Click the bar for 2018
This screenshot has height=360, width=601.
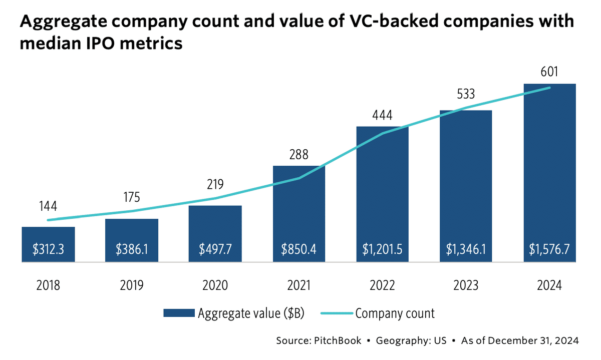(48, 244)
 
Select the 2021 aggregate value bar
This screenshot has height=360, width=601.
(299, 213)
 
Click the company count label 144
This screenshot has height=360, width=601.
(48, 206)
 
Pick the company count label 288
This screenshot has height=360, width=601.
(299, 154)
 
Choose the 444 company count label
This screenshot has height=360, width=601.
(383, 115)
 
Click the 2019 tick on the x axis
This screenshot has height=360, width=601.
(132, 285)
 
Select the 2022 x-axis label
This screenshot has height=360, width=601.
(383, 285)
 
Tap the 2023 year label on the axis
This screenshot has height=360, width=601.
(466, 285)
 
